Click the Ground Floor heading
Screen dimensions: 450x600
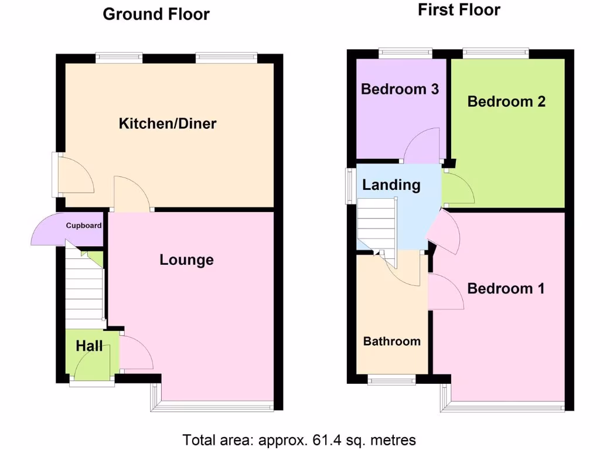click(156, 14)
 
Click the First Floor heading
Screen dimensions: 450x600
click(459, 10)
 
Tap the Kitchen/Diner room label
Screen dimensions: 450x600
click(168, 124)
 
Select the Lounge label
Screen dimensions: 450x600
click(186, 260)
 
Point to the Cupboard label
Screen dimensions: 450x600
click(84, 226)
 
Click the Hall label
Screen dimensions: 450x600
click(89, 346)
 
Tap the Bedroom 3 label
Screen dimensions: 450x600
click(400, 90)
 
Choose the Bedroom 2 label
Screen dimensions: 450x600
click(506, 101)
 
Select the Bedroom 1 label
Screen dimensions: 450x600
click(506, 288)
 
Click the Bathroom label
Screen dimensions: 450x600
click(391, 341)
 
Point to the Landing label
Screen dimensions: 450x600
click(391, 185)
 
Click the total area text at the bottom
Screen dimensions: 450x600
click(299, 439)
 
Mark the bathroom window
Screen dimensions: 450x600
click(392, 380)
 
